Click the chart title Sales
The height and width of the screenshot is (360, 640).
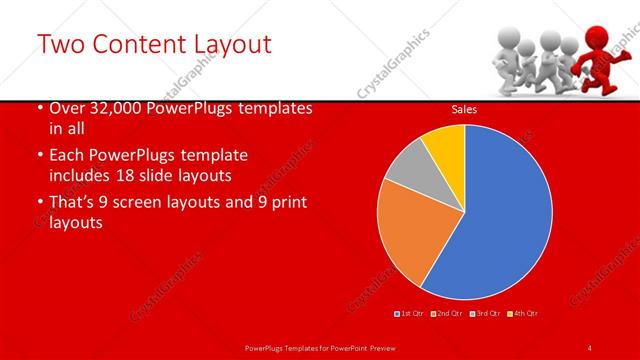coord(463,109)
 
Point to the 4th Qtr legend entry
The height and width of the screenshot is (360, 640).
coord(522,313)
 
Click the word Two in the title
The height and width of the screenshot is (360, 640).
coord(61,44)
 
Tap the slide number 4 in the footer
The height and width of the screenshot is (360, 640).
coord(590,347)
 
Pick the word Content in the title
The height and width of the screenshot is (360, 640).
coord(141,44)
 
